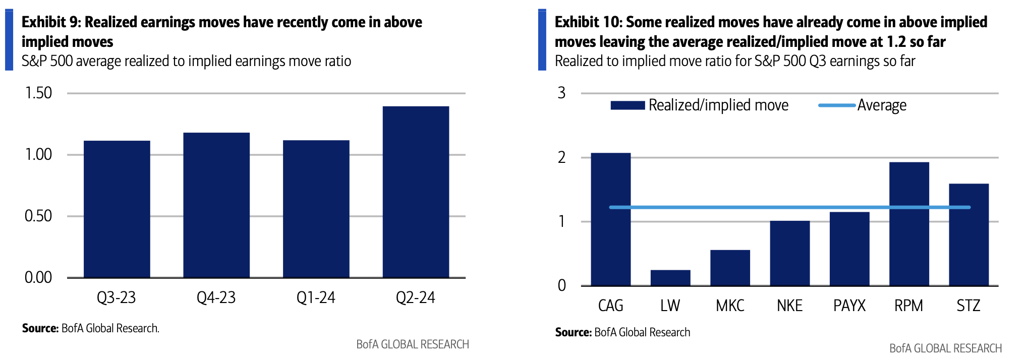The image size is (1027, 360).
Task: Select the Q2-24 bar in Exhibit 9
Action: (x=416, y=192)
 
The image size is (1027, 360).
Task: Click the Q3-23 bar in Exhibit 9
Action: (x=117, y=209)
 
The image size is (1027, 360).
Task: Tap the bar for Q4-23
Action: (x=216, y=205)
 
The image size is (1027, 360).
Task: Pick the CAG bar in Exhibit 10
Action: (x=610, y=219)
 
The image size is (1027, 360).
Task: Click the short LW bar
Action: (x=670, y=278)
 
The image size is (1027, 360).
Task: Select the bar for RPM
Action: (x=909, y=224)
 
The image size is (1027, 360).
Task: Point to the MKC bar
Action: (x=730, y=268)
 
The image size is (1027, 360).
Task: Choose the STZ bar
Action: (x=968, y=234)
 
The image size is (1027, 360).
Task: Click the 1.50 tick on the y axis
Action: (x=38, y=93)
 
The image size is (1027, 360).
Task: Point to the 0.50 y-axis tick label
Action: (x=38, y=216)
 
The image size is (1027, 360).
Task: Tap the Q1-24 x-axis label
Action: (x=316, y=298)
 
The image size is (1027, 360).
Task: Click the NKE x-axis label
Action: (x=789, y=306)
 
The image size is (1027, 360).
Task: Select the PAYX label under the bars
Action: (x=849, y=306)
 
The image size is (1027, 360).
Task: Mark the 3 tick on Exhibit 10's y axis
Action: (x=561, y=93)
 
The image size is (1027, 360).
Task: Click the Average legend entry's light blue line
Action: (x=837, y=105)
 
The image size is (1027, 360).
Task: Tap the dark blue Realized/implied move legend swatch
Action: (x=627, y=105)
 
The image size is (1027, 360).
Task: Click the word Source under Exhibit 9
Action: (x=40, y=328)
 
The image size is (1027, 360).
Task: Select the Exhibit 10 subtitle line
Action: (x=734, y=61)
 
